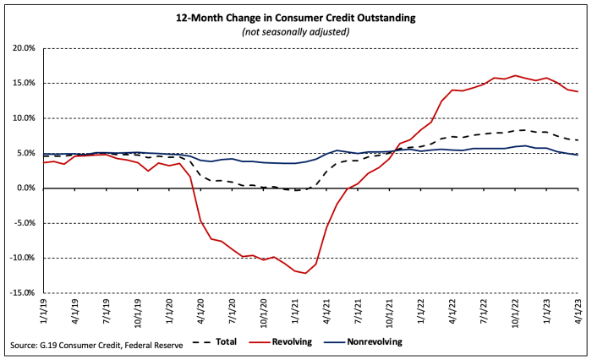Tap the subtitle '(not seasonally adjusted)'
pos(296,32)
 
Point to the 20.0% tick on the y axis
pos(21,48)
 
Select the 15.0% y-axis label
pos(21,83)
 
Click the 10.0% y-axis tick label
pos(21,118)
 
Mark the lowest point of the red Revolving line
pos(305,273)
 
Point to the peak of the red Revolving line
pos(515,76)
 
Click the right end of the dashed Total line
pos(578,140)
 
